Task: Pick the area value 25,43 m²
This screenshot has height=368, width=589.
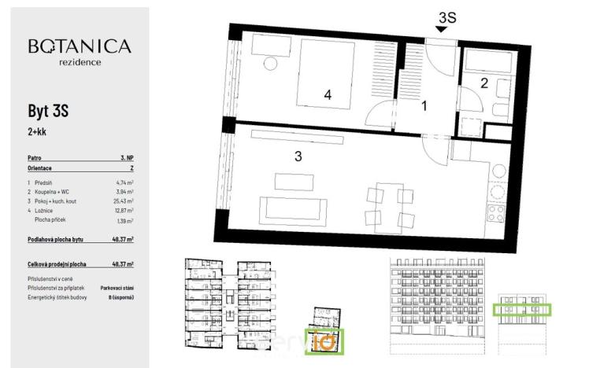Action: tap(120, 201)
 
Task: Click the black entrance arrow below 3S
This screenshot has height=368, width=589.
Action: tap(443, 29)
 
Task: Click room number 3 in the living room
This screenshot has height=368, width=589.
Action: tap(298, 156)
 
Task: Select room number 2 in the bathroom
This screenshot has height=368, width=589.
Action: tap(485, 82)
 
